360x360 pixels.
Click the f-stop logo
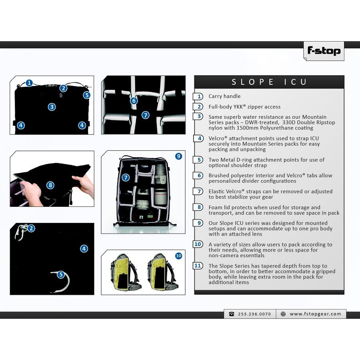324,51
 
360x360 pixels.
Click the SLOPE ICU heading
269,82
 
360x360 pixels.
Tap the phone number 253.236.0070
254,314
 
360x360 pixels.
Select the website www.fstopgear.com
316,314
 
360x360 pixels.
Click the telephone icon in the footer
232,314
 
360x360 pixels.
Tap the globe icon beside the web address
283,314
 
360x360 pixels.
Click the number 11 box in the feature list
198,266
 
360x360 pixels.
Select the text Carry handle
224,96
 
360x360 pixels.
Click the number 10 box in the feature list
198,244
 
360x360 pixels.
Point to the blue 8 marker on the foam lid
50,185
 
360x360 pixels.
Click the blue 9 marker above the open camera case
179,156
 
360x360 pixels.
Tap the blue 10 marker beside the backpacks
179,256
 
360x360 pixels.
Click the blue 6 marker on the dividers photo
134,101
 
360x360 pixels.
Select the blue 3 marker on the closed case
52,107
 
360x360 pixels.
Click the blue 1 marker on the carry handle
29,83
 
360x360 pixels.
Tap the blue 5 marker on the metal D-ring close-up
61,274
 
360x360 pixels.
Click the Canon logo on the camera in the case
145,166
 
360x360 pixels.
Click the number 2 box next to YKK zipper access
198,106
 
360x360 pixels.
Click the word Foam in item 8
215,207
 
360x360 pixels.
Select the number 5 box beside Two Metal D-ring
198,160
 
